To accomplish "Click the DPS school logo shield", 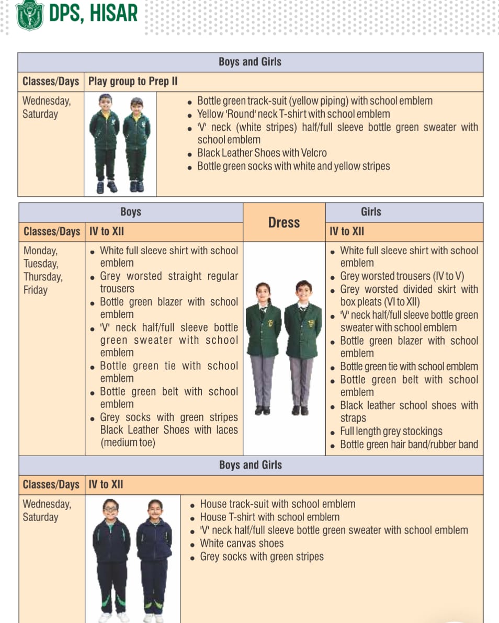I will pos(30,15).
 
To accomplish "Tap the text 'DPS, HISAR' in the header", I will pos(93,13).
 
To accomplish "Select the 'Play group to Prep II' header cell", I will pos(133,82).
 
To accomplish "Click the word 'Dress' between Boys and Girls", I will pos(284,222).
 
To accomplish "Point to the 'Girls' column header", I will pos(371,212).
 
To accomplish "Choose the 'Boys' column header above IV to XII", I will pos(130,212).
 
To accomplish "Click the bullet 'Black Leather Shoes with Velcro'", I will pos(262,153).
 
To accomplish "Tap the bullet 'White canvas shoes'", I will pos(242,543).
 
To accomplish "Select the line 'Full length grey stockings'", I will pos(391,432).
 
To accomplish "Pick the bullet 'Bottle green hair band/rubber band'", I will pos(409,445).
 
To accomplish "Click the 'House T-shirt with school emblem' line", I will pos(269,517).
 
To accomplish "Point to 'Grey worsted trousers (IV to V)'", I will pos(402,276).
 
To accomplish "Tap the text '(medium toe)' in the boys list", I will pos(128,443).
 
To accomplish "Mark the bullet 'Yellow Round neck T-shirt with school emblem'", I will pos(293,114).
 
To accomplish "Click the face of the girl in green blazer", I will pos(263,291).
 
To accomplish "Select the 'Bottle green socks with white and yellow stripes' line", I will pos(293,166).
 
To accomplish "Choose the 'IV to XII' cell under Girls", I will pos(347,232).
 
